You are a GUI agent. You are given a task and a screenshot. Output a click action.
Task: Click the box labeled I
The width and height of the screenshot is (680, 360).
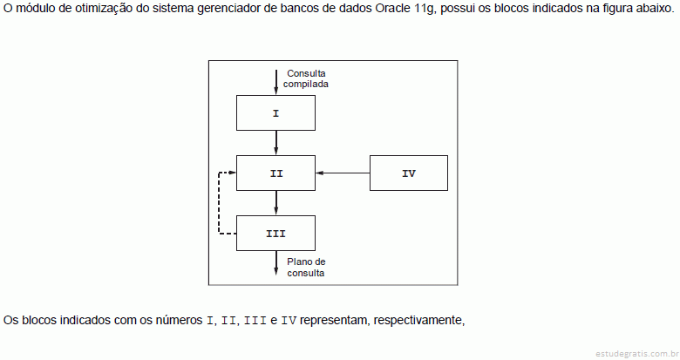pyautogui.click(x=275, y=112)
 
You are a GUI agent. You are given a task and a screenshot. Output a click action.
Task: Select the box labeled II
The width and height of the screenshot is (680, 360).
pyautogui.click(x=275, y=173)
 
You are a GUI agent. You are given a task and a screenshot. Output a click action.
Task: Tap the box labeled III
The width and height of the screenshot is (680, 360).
pyautogui.click(x=275, y=234)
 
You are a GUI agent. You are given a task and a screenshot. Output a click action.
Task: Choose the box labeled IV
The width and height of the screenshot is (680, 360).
pyautogui.click(x=409, y=173)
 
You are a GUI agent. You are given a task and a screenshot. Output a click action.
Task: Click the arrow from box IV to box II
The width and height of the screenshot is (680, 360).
pyautogui.click(x=343, y=173)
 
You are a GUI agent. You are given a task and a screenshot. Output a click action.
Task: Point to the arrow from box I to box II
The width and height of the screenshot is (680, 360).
pyautogui.click(x=275, y=143)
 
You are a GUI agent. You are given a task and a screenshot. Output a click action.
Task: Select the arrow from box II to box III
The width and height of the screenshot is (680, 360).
pyautogui.click(x=275, y=203)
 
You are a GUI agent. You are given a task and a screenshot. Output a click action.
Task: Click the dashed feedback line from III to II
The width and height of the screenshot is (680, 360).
pyautogui.click(x=219, y=203)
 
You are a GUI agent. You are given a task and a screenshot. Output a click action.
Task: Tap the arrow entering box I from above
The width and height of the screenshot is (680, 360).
pyautogui.click(x=275, y=83)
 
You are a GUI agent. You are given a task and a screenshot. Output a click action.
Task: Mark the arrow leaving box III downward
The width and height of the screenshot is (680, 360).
pyautogui.click(x=275, y=263)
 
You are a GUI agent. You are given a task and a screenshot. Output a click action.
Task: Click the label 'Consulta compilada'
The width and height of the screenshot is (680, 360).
pyautogui.click(x=306, y=78)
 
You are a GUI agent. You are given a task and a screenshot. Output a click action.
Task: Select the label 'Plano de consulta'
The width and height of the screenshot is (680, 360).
pyautogui.click(x=306, y=268)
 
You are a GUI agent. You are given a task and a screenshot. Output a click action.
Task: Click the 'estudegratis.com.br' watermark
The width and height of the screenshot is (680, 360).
pyautogui.click(x=636, y=354)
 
